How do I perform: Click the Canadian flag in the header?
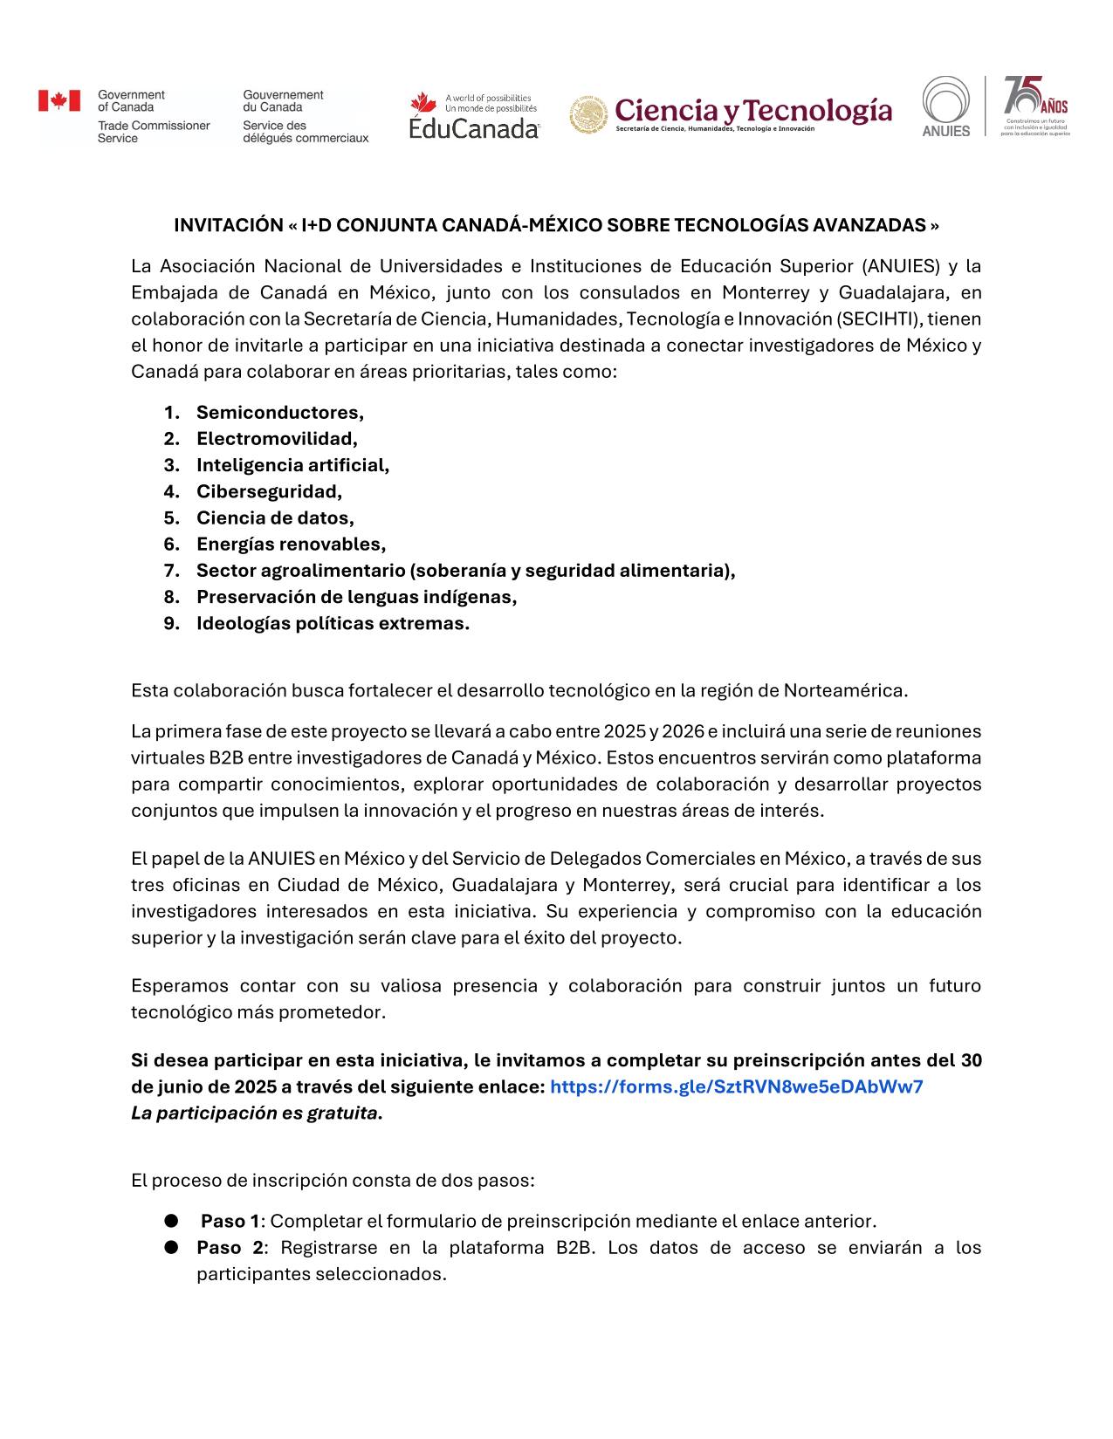click(58, 101)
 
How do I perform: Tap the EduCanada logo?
click(474, 116)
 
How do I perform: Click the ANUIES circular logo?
click(946, 106)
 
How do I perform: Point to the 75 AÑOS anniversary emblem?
click(1035, 106)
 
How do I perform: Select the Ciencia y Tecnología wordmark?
click(753, 111)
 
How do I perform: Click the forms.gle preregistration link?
click(736, 1087)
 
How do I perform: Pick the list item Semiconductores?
click(279, 413)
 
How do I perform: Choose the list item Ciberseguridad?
click(269, 491)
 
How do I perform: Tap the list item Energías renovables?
click(291, 545)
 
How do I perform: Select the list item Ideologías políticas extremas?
click(333, 624)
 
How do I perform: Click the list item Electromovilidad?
click(277, 439)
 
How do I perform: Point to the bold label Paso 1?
click(230, 1222)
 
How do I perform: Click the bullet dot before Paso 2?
click(171, 1247)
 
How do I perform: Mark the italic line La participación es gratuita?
click(257, 1114)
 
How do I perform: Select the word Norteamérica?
click(845, 691)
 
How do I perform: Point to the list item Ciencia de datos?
click(275, 518)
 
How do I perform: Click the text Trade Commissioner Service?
click(154, 132)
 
